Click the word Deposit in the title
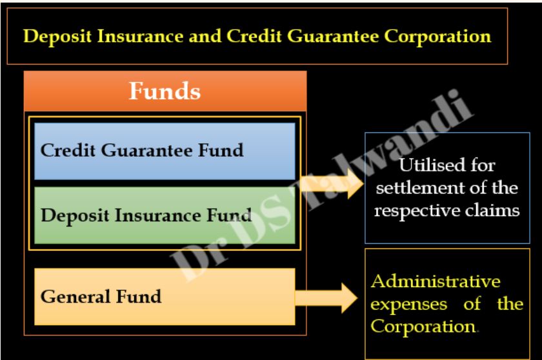point(57,37)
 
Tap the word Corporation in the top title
point(437,37)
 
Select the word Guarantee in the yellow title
point(333,36)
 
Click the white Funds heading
point(165,91)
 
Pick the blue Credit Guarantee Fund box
point(165,152)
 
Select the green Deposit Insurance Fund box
point(165,215)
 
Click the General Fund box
point(165,297)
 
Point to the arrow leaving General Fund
point(326,298)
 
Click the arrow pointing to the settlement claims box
point(332,183)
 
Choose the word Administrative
point(436,281)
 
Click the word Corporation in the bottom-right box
point(423,327)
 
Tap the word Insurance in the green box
point(157,215)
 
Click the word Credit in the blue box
point(68,150)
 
